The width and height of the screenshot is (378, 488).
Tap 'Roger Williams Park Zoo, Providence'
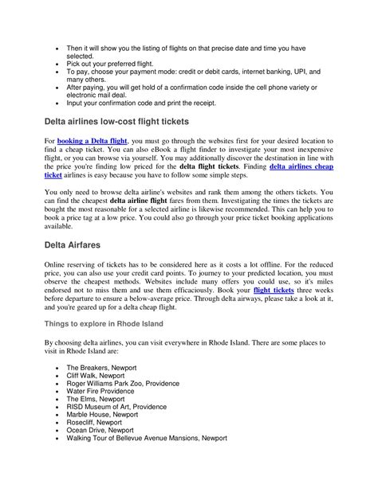pyautogui.click(x=129, y=385)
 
